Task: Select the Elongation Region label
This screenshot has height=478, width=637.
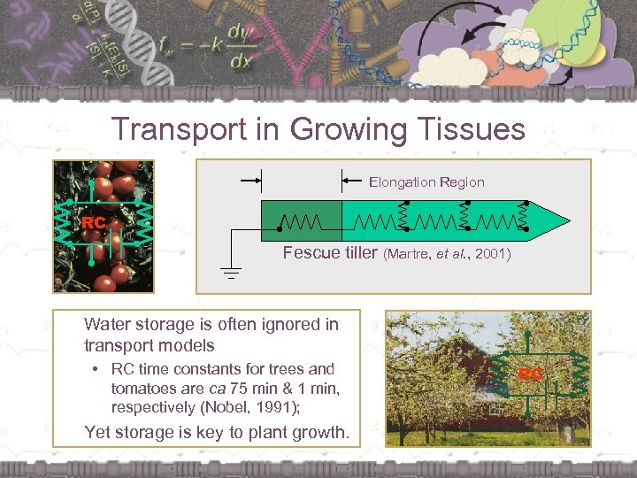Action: tap(426, 182)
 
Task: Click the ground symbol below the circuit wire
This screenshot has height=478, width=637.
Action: tap(231, 272)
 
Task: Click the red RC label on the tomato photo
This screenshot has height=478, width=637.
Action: tap(93, 224)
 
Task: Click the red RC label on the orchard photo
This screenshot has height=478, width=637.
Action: tap(531, 374)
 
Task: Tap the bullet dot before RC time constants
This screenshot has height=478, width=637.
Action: tap(94, 369)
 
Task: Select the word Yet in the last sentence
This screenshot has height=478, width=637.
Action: tap(98, 433)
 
